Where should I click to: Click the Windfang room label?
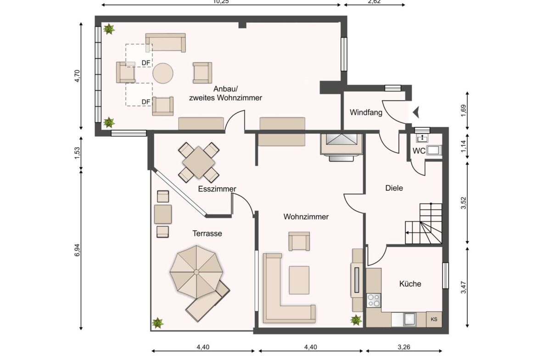(366, 112)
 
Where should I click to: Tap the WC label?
(418, 150)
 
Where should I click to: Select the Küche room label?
(410, 284)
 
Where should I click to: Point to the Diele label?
(394, 188)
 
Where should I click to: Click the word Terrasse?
(207, 233)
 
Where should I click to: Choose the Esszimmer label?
(217, 189)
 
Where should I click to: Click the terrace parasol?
(196, 272)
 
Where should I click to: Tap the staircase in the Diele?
(423, 224)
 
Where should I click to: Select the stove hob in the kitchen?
(374, 300)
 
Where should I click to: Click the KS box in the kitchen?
(434, 319)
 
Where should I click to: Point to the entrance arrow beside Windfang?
(416, 111)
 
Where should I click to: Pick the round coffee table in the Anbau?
(163, 73)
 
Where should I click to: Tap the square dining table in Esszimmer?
(199, 162)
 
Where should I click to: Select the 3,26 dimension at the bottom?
(403, 347)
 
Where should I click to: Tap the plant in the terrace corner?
(158, 322)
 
